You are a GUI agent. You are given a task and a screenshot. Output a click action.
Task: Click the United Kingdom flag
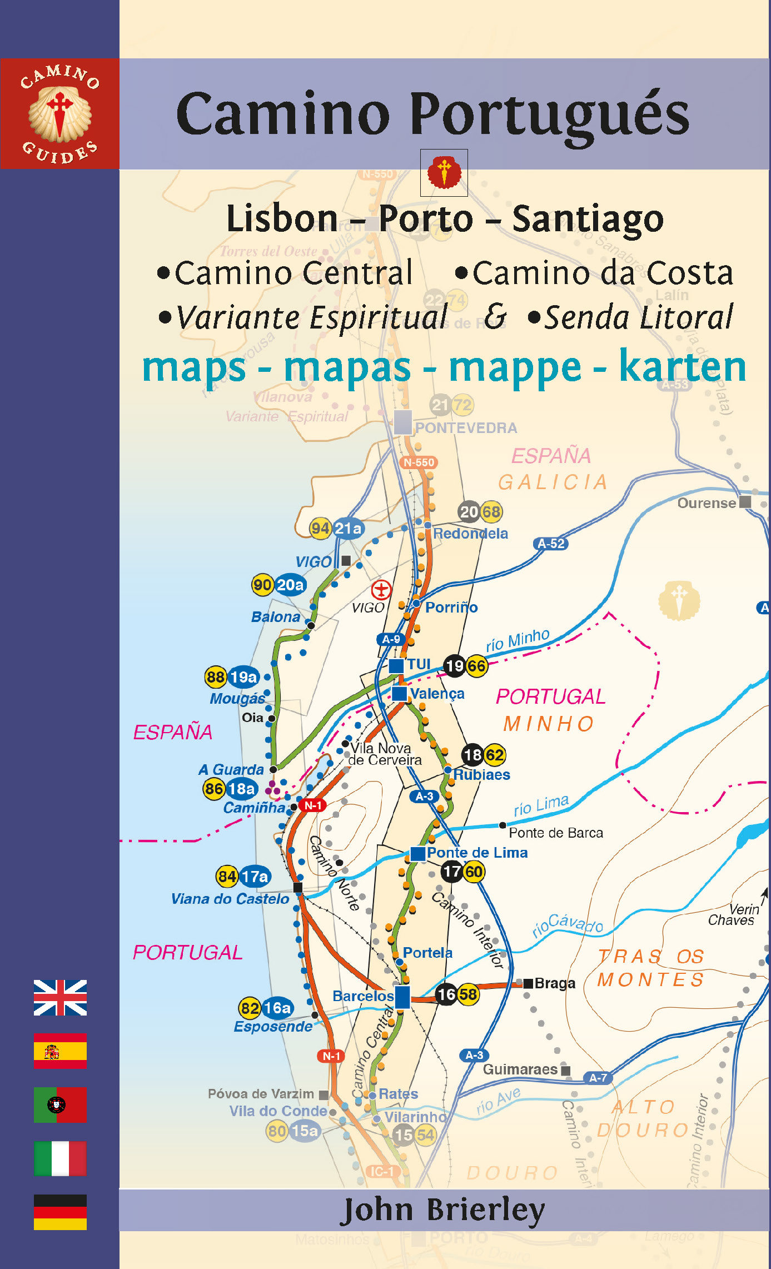(x=60, y=998)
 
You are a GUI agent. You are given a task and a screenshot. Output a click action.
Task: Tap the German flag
(x=60, y=1212)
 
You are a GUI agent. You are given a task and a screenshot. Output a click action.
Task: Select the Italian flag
(x=60, y=1158)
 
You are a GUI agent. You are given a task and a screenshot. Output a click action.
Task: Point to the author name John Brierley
(x=442, y=1210)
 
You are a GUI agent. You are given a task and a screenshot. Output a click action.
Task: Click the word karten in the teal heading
(x=682, y=367)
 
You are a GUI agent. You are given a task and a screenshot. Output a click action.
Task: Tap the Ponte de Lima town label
(x=477, y=853)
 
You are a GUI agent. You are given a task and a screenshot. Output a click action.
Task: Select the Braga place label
(x=554, y=983)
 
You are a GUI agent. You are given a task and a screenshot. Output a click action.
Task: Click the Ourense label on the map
(x=706, y=503)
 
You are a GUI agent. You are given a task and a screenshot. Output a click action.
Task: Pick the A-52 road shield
(x=550, y=544)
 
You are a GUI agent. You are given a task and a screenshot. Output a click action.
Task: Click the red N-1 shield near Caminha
(x=312, y=805)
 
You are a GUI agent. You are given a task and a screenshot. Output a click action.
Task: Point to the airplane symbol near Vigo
(x=381, y=589)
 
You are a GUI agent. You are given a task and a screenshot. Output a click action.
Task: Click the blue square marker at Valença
(x=399, y=693)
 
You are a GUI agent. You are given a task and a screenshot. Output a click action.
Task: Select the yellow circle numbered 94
(x=321, y=528)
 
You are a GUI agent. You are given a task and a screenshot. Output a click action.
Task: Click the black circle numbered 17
(x=452, y=872)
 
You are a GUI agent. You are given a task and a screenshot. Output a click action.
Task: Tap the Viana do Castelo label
(x=230, y=899)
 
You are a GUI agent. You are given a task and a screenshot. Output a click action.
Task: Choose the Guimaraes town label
(x=520, y=1069)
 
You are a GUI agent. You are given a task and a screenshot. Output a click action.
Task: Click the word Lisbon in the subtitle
(x=282, y=218)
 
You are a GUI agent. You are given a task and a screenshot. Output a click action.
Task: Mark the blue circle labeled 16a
(x=277, y=1008)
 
